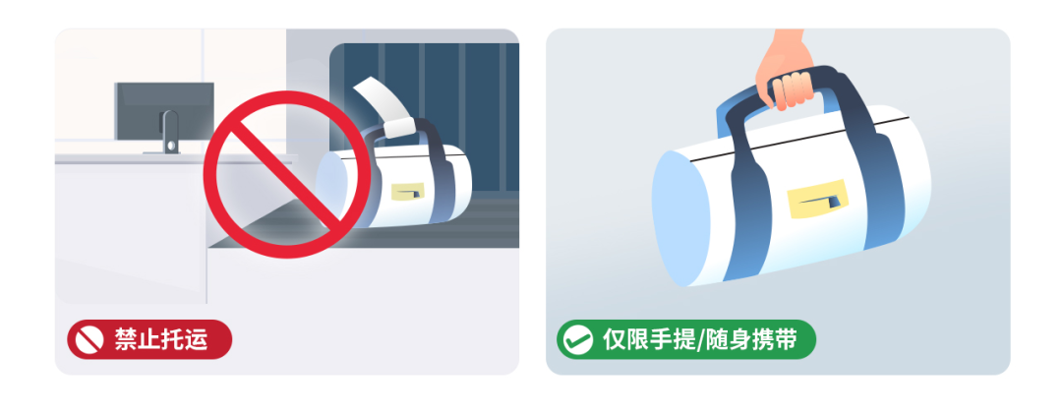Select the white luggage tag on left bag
tap(385, 105)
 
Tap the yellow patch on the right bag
tap(817, 199)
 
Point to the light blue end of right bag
tap(679, 218)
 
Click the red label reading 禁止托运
tap(149, 339)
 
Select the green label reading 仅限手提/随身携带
tap(686, 339)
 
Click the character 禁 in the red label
tap(125, 340)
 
